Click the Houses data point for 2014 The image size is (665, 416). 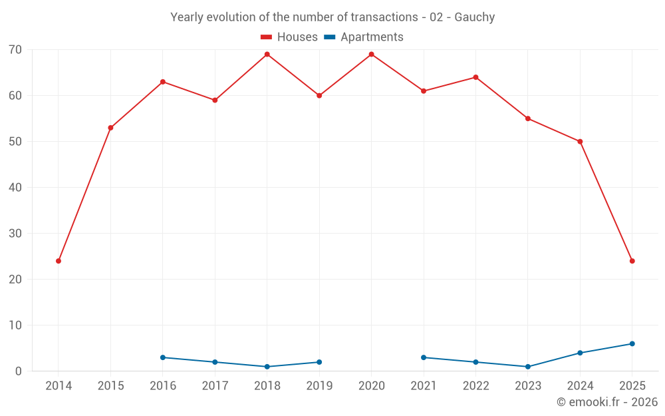59,261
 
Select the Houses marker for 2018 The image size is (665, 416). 267,55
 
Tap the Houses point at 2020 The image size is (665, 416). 371,55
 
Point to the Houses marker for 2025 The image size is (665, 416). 632,261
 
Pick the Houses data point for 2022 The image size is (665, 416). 475,77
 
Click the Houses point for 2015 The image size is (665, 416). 110,128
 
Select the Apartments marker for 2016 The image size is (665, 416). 163,357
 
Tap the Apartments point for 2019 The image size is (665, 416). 319,362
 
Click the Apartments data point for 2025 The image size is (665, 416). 632,343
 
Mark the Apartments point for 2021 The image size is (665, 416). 424,357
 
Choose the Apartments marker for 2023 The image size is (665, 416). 528,367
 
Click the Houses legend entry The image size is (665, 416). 289,37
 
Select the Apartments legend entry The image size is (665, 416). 364,37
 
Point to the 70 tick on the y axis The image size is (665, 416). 15,50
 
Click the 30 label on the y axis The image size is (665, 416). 15,234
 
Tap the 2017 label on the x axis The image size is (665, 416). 215,386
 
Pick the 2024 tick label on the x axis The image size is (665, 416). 580,386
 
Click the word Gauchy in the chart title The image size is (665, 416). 475,17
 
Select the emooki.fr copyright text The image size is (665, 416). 607,402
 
